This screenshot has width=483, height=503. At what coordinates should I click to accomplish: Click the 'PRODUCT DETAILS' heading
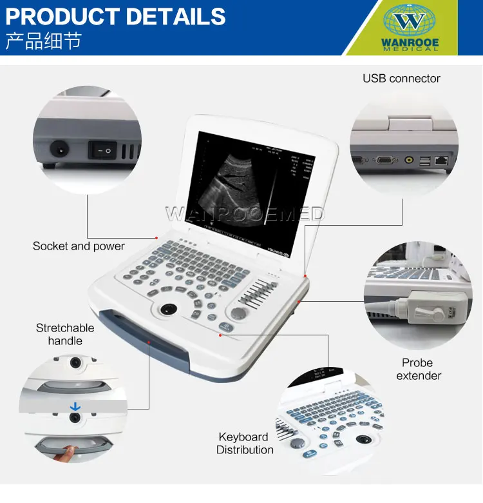[x=116, y=15]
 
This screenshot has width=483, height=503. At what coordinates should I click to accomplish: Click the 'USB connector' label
[x=401, y=79]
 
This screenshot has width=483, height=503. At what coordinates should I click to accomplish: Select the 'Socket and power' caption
[x=79, y=246]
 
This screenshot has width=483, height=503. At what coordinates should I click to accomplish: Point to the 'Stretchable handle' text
[x=65, y=334]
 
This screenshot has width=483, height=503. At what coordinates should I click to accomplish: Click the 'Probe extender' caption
[x=418, y=369]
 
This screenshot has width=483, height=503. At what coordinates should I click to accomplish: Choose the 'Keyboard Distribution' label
[x=244, y=443]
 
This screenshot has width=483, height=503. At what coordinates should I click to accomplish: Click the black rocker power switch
[x=102, y=150]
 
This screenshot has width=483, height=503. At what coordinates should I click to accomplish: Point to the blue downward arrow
[x=76, y=406]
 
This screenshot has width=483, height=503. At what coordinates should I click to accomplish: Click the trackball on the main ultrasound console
[x=169, y=309]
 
